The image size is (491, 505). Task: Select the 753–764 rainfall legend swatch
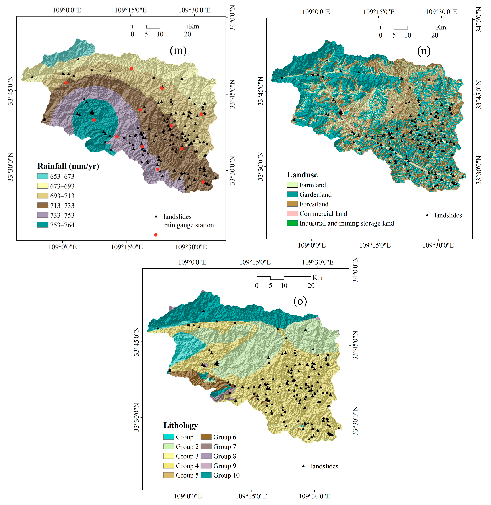[43, 225]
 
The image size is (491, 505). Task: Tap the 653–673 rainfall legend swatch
[43, 176]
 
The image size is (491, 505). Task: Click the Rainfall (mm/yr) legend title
[68, 166]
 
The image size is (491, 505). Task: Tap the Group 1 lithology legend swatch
[168, 437]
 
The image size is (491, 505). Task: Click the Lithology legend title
[180, 425]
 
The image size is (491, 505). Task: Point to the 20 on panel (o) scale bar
[311, 286]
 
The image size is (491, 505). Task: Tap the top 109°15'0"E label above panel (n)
[379, 12]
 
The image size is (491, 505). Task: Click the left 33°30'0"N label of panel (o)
[136, 417]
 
